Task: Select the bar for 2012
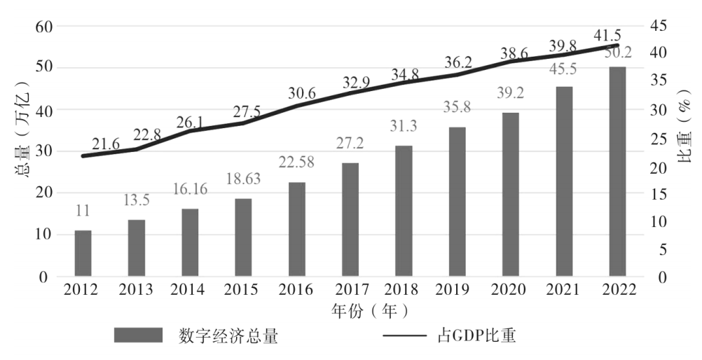coord(83,253)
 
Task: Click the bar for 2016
coord(297,229)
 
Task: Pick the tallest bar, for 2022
coord(617,172)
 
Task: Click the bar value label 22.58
coord(297,163)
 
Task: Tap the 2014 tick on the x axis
coord(190,289)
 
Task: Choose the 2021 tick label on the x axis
coord(564,289)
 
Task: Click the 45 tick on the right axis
coord(661,27)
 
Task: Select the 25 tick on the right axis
coord(661,138)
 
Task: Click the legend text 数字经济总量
coord(229,336)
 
